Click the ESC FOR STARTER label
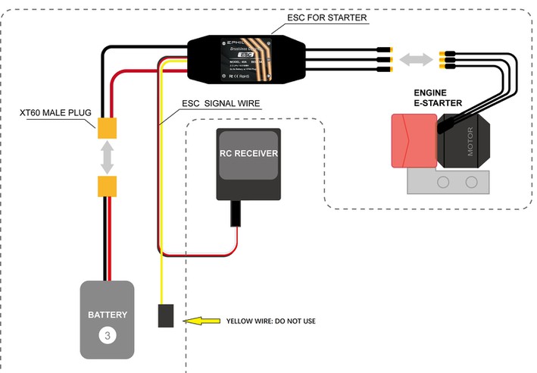pyautogui.click(x=327, y=17)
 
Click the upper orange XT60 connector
pyautogui.click(x=108, y=128)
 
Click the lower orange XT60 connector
pyautogui.click(x=108, y=186)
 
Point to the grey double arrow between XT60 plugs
pyautogui.click(x=108, y=157)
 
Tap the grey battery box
pyautogui.click(x=108, y=319)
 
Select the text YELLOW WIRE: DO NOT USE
pyautogui.click(x=270, y=321)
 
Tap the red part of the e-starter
pyautogui.click(x=414, y=140)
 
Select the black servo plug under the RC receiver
pyautogui.click(x=237, y=214)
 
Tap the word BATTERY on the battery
pyautogui.click(x=108, y=315)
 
